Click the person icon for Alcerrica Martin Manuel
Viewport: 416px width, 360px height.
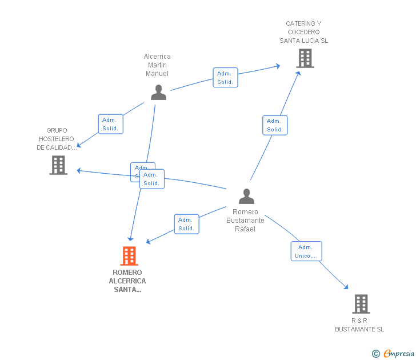coord(158,92)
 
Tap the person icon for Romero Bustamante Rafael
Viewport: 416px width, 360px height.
coord(246,196)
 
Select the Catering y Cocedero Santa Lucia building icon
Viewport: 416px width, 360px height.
coord(305,58)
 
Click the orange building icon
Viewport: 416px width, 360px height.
coord(130,255)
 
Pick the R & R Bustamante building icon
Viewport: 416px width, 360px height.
coord(361,304)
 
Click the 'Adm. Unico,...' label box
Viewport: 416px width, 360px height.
coord(306,251)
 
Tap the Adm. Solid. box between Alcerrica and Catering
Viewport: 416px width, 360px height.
coord(225,78)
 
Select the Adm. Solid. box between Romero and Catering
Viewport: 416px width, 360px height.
coord(275,125)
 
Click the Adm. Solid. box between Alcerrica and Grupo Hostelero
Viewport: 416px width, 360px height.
coord(110,124)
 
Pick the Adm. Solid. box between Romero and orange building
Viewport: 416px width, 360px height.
coord(186,224)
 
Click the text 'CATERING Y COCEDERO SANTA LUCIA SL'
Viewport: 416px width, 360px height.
coord(303,32)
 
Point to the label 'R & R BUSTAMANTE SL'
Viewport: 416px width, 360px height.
coord(359,325)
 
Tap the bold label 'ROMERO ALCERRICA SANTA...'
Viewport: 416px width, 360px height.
coord(127,281)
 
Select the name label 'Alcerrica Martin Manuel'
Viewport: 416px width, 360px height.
coord(157,65)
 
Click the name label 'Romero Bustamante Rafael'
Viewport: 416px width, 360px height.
coord(245,220)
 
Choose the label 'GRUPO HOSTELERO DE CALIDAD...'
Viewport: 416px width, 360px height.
coord(57,139)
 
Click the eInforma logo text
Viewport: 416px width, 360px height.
coord(399,354)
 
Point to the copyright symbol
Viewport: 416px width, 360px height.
coord(376,354)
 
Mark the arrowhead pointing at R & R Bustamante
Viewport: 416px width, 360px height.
coord(346,287)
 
